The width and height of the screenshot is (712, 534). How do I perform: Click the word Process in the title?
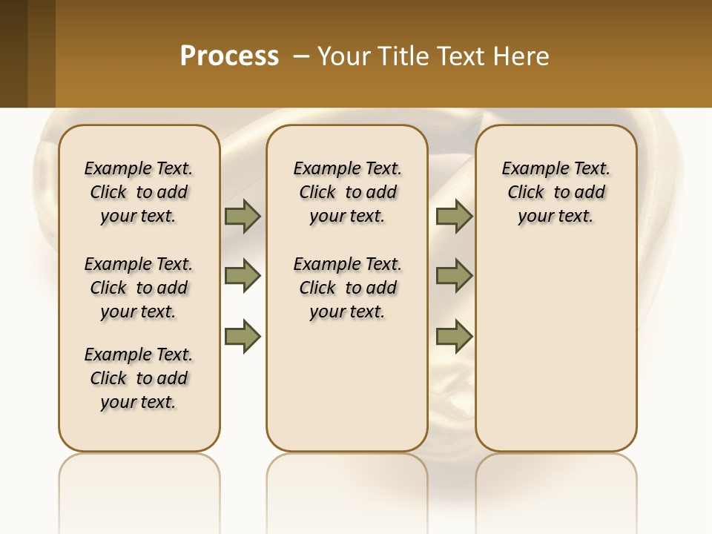tap(229, 56)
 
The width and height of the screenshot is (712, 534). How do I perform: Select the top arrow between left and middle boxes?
tap(243, 217)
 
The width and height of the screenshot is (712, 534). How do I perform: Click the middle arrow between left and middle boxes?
tap(243, 276)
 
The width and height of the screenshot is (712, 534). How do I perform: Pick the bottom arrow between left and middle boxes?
tap(243, 336)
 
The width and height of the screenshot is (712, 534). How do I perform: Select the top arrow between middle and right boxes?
tap(454, 217)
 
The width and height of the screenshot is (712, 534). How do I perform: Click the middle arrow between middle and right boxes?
tap(454, 276)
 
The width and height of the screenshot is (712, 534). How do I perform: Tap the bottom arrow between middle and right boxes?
tap(454, 336)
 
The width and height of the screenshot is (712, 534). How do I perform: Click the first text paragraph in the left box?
tap(139, 192)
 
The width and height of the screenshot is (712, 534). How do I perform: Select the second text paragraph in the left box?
tap(139, 288)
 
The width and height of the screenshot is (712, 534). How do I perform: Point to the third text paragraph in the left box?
tap(139, 378)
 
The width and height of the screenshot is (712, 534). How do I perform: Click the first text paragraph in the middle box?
tap(347, 192)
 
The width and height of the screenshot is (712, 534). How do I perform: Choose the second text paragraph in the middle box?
tap(347, 288)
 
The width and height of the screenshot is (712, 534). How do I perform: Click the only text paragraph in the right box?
tap(556, 192)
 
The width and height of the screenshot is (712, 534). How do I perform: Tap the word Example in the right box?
tap(527, 169)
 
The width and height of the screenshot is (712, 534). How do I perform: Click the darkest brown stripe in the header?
tap(13, 53)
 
